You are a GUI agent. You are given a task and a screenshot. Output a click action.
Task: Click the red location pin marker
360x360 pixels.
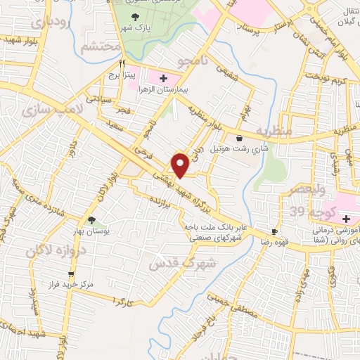pyautogui.click(x=181, y=165)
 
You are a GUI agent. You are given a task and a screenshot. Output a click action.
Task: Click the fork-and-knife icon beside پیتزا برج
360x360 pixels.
pyautogui.click(x=122, y=63)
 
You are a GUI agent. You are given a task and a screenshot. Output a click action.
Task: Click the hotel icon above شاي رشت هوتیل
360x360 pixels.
pyautogui.click(x=241, y=137)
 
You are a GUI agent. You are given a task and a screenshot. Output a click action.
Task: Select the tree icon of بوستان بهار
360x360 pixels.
pyautogui.click(x=91, y=220)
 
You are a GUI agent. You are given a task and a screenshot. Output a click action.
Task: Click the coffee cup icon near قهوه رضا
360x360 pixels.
pyautogui.click(x=274, y=232)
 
